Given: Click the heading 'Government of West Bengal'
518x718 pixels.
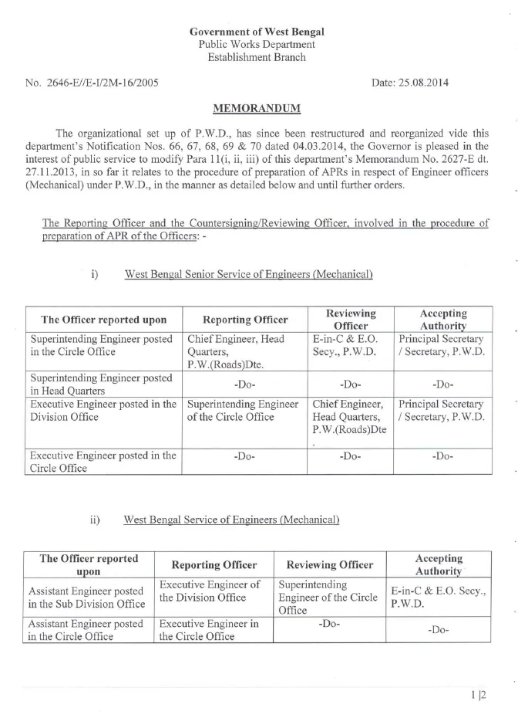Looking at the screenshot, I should pyautogui.click(x=257, y=32).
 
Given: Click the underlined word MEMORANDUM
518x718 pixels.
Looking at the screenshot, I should pyautogui.click(x=257, y=108).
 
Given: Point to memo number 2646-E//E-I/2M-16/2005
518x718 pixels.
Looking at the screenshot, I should pyautogui.click(x=92, y=83).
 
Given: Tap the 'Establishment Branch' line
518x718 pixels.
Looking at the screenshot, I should pyautogui.click(x=257, y=57).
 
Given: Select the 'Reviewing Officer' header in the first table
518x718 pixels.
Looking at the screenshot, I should pyautogui.click(x=351, y=319).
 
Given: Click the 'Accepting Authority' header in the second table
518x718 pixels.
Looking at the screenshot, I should pyautogui.click(x=439, y=564).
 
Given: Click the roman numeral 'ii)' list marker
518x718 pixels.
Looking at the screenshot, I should pyautogui.click(x=96, y=520).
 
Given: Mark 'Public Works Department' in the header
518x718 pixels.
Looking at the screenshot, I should pyautogui.click(x=257, y=45).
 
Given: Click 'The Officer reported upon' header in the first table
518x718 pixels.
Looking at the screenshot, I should pyautogui.click(x=103, y=320).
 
